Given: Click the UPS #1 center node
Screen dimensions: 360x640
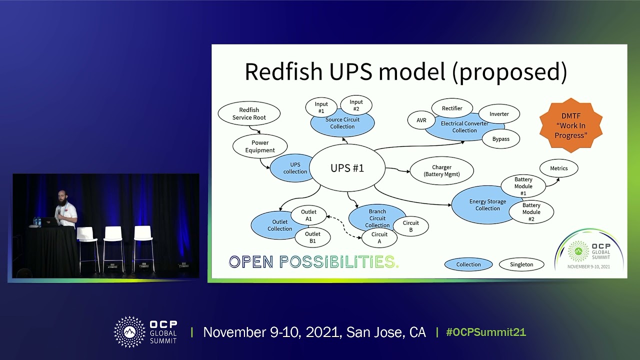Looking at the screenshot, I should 347,168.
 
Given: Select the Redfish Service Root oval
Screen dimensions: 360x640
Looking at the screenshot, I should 249,114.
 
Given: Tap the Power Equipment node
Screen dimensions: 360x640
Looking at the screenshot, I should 260,146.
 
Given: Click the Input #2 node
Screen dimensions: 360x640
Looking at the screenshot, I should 356,105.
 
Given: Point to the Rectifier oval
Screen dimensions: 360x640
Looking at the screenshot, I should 452,108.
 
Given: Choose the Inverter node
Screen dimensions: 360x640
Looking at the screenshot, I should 499,114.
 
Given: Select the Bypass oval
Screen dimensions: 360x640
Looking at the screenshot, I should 500,139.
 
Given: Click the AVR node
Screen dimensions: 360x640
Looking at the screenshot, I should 421,120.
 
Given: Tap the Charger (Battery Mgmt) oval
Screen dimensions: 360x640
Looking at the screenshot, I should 441,171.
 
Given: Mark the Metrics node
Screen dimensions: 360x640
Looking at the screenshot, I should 558,168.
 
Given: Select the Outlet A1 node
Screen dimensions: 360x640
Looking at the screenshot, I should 308,215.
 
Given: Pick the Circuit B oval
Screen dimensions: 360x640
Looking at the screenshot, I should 410,226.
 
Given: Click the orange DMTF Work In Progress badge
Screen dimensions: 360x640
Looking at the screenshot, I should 570,125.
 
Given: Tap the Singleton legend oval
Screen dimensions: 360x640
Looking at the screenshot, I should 521,264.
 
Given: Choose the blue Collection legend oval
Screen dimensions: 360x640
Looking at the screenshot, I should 468,264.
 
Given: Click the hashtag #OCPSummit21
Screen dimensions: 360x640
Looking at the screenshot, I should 485,332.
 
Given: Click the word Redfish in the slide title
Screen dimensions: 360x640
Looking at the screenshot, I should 283,72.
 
